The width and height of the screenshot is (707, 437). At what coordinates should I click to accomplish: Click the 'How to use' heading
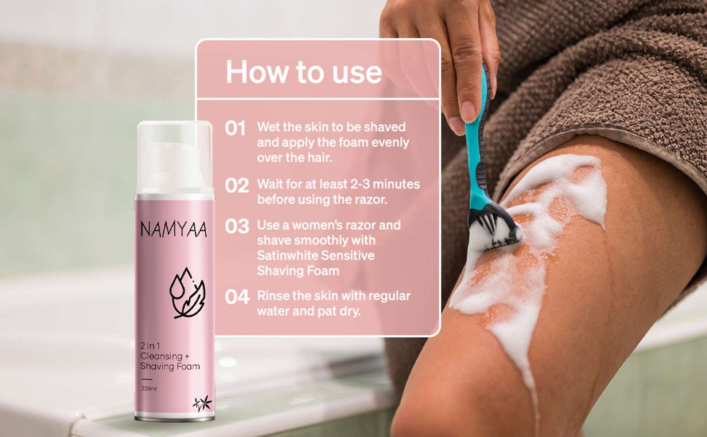pyautogui.click(x=304, y=72)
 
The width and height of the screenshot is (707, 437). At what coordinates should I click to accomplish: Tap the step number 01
pyautogui.click(x=235, y=128)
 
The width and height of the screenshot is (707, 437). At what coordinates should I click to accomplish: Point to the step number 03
pyautogui.click(x=237, y=226)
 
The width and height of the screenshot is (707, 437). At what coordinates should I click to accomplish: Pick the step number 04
pyautogui.click(x=237, y=297)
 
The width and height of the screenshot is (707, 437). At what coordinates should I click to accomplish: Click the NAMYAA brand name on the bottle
pyautogui.click(x=173, y=229)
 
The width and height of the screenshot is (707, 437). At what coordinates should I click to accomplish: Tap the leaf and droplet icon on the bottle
pyautogui.click(x=187, y=293)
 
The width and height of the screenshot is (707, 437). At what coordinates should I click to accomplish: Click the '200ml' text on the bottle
pyautogui.click(x=148, y=388)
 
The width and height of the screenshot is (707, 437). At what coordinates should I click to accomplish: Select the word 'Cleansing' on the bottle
pyautogui.click(x=161, y=356)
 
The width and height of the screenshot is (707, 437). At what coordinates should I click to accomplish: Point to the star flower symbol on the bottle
pyautogui.click(x=203, y=403)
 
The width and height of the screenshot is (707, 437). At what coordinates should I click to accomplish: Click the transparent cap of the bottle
pyautogui.click(x=174, y=158)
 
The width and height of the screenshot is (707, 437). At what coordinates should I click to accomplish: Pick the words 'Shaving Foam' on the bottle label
pyautogui.click(x=170, y=367)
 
